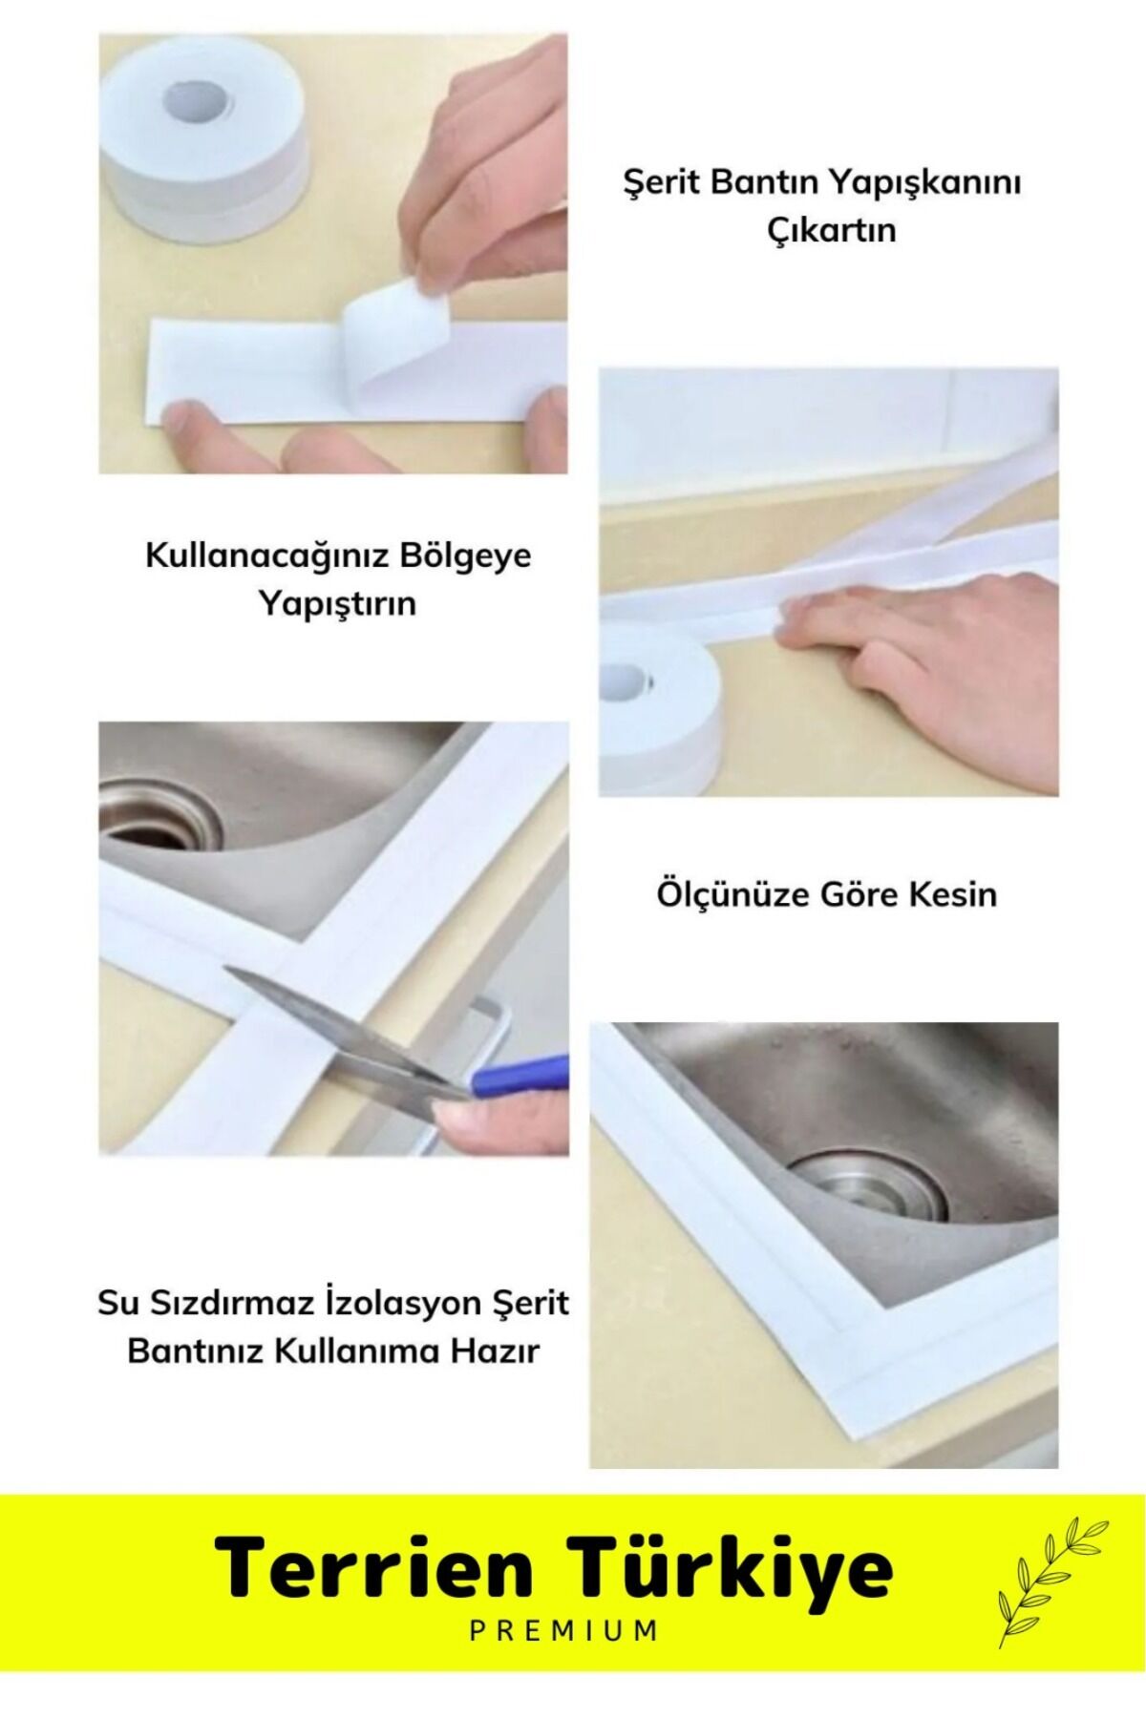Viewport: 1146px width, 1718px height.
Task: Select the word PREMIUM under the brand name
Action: pyautogui.click(x=563, y=1657)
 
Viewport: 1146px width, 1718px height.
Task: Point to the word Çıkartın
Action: pyautogui.click(x=832, y=230)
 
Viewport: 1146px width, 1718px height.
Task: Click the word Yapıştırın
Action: pyautogui.click(x=338, y=604)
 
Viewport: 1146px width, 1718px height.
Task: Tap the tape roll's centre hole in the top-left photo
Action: pyautogui.click(x=201, y=96)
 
